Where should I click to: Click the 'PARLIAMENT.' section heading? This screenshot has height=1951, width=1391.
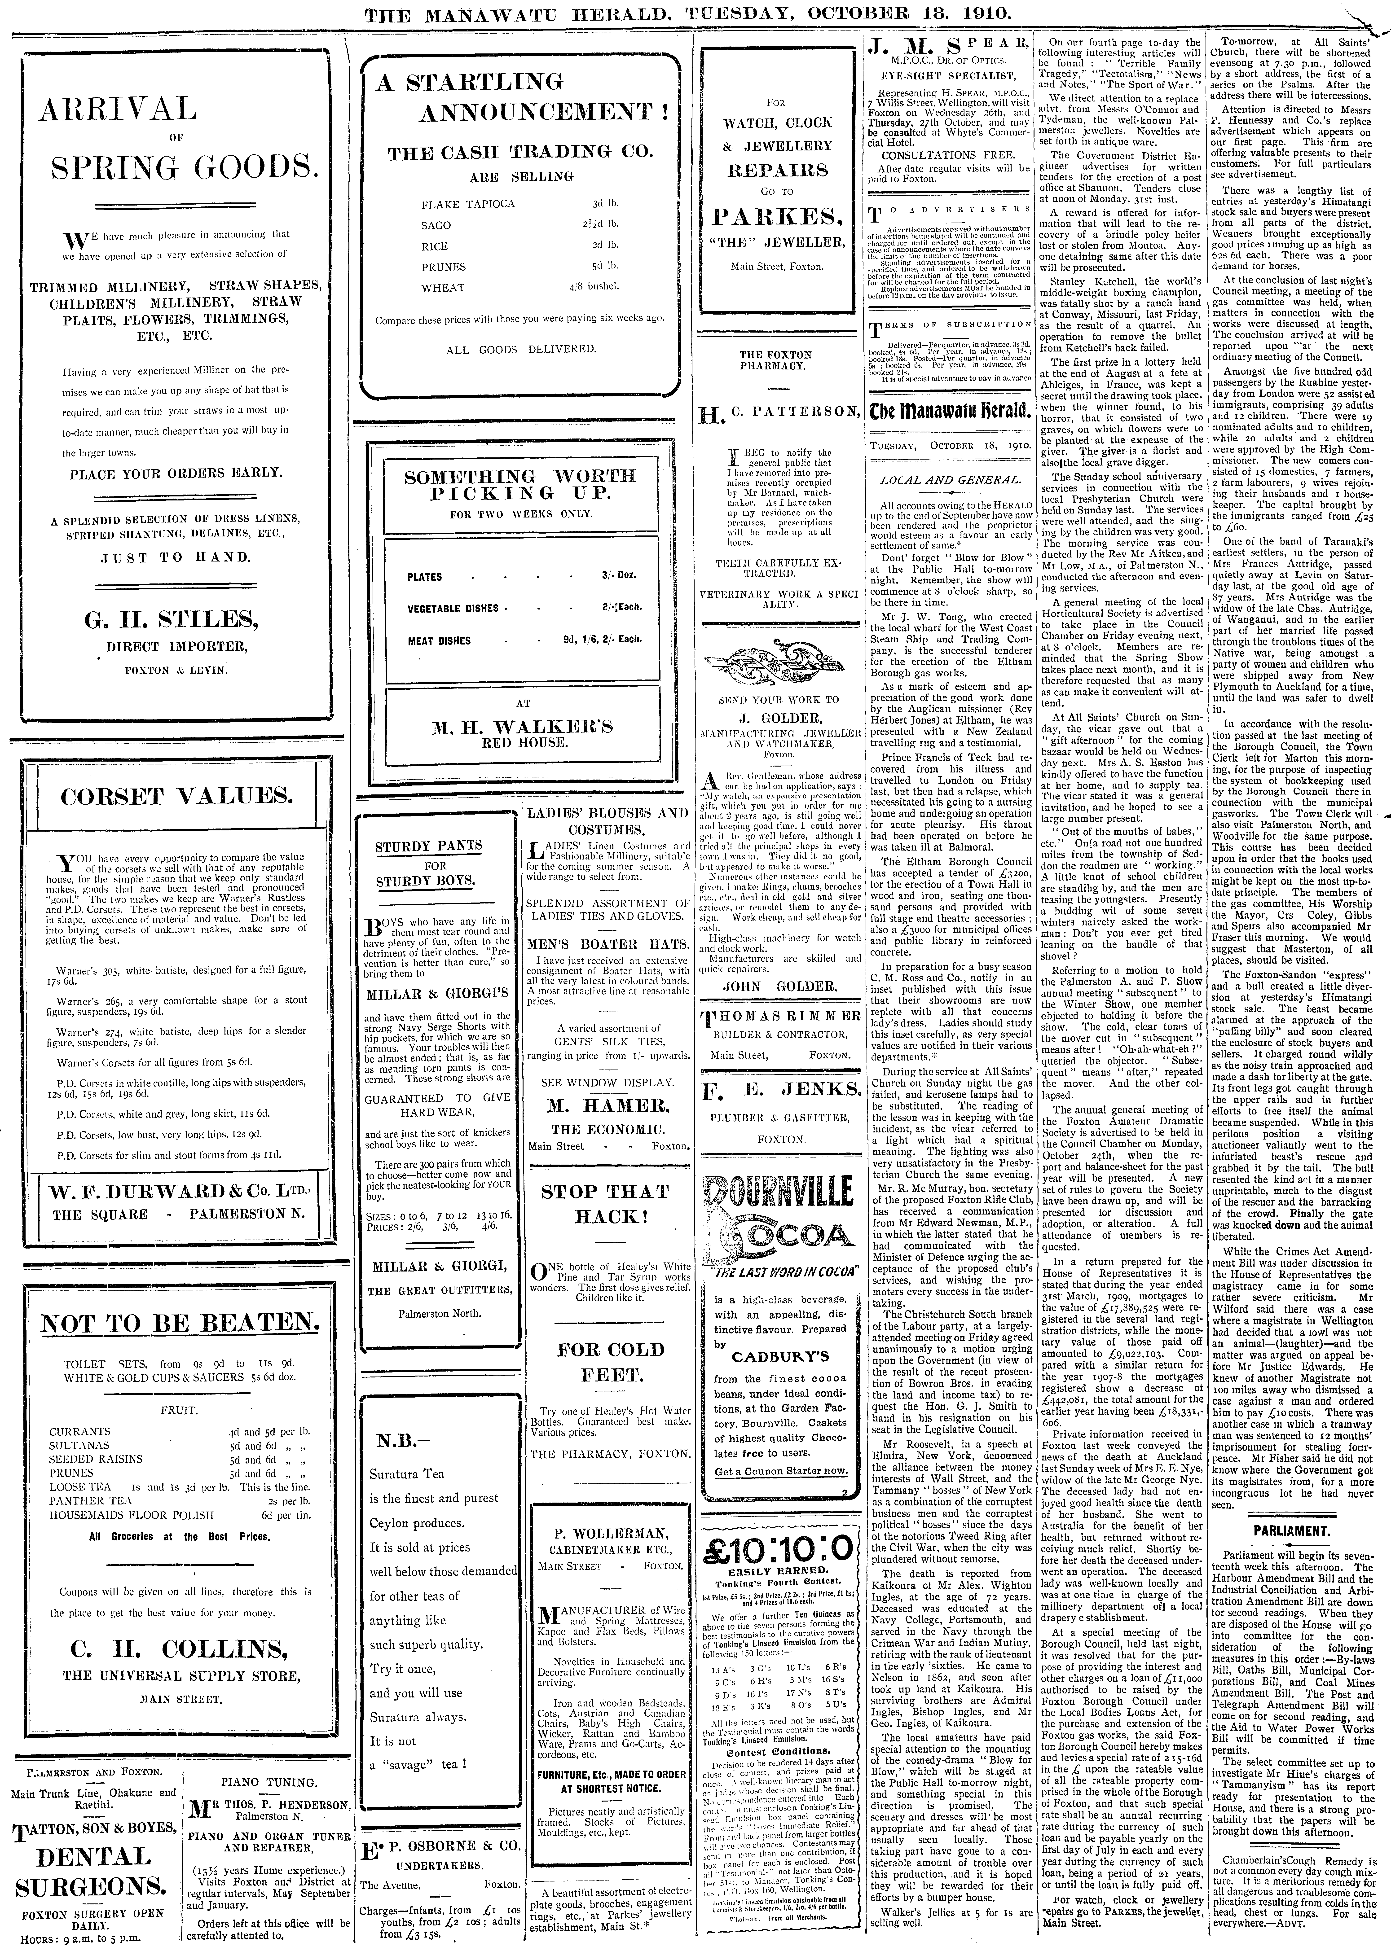pos(1292,1530)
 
